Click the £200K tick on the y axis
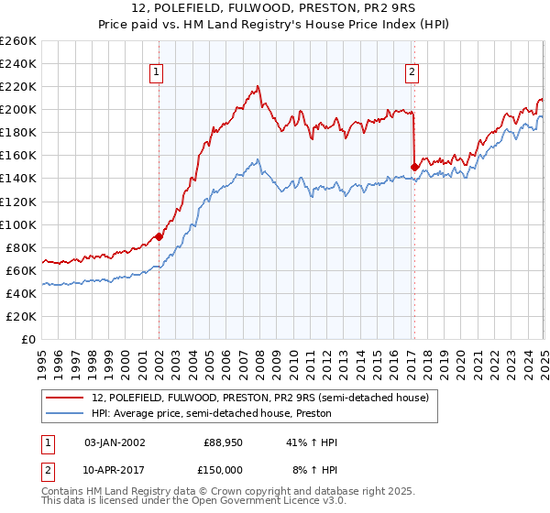point(18,109)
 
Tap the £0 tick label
point(29,340)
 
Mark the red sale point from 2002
point(159,236)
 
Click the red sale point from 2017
point(414,167)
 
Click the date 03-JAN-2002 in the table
point(115,442)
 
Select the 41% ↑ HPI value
point(313,442)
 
